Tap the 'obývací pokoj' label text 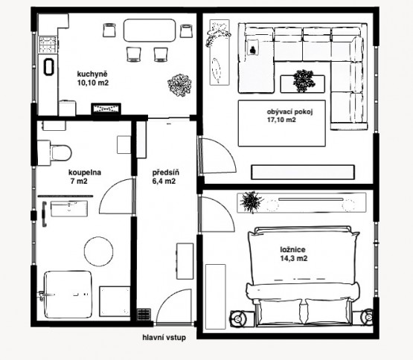click(x=289, y=112)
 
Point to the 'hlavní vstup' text click(x=164, y=338)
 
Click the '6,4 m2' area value click(x=164, y=181)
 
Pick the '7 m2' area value click(x=79, y=181)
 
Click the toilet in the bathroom click(x=55, y=152)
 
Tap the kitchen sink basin click(x=48, y=67)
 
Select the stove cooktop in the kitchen click(x=48, y=45)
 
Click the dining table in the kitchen click(x=150, y=30)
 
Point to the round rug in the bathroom click(x=98, y=251)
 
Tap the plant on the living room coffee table click(x=304, y=81)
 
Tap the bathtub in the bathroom click(x=68, y=295)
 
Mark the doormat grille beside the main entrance click(x=144, y=315)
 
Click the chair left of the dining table click(x=109, y=30)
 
